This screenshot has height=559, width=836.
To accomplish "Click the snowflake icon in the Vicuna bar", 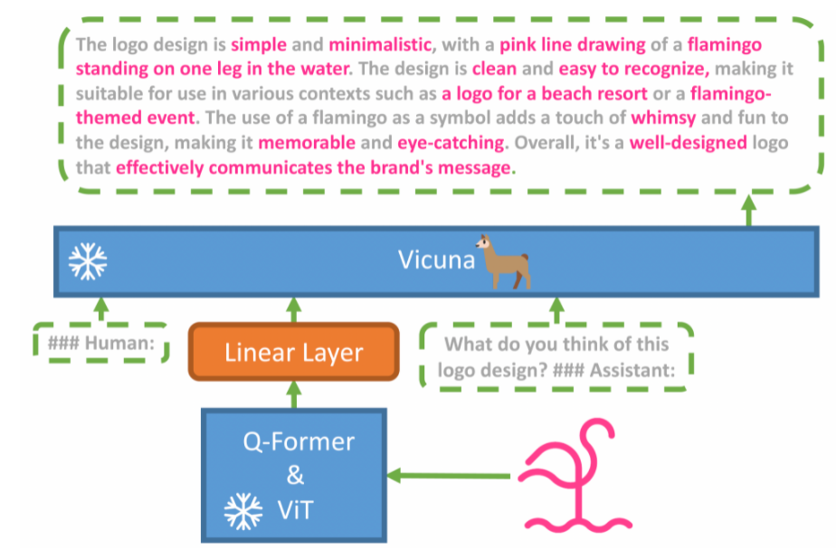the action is pyautogui.click(x=88, y=261).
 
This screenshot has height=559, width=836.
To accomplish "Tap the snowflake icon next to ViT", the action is pyautogui.click(x=243, y=511).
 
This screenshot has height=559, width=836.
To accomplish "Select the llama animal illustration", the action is pyautogui.click(x=503, y=261).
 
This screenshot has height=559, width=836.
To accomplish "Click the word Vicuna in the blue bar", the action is pyautogui.click(x=436, y=260).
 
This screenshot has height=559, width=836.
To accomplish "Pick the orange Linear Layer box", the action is pyautogui.click(x=294, y=352).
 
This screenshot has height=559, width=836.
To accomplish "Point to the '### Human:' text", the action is pyautogui.click(x=101, y=343).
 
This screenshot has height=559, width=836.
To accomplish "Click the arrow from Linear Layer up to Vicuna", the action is pyautogui.click(x=294, y=309).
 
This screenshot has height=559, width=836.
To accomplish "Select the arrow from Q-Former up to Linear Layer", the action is pyautogui.click(x=294, y=395).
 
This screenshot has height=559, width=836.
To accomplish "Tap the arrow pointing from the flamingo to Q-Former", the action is pyautogui.click(x=449, y=476).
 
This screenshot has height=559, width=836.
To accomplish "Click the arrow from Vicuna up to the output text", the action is pyautogui.click(x=749, y=210).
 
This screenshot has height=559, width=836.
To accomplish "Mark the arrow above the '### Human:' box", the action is pyautogui.click(x=101, y=309).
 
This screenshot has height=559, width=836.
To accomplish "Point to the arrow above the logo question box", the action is pyautogui.click(x=556, y=309).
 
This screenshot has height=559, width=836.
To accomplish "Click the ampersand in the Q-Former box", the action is pyautogui.click(x=295, y=475).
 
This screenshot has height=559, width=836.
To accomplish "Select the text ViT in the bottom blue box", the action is pyautogui.click(x=295, y=510).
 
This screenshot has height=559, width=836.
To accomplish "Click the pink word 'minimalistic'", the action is pyautogui.click(x=380, y=44).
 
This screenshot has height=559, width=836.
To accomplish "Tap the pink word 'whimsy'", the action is pyautogui.click(x=663, y=118).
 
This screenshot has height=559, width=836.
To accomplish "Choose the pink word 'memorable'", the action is pyautogui.click(x=307, y=142).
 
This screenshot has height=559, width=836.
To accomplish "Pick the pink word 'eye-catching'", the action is pyautogui.click(x=451, y=143).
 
